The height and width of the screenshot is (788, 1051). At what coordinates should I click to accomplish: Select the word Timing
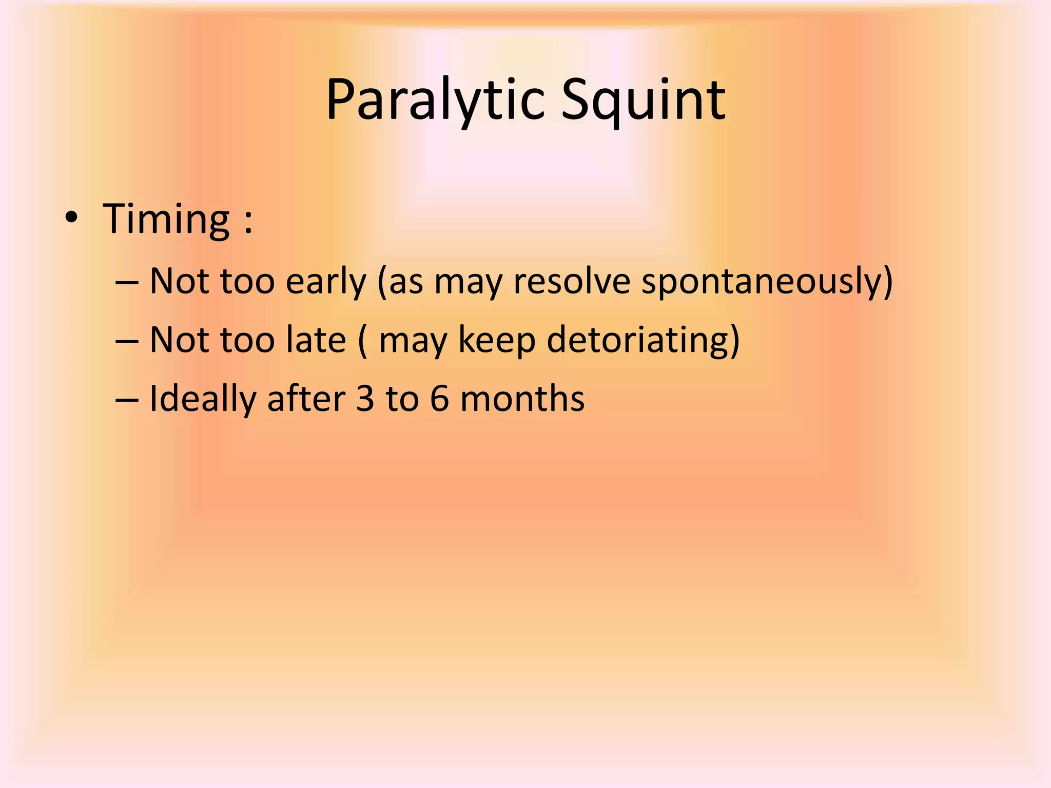pyautogui.click(x=166, y=220)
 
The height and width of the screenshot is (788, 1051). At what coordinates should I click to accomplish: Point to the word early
pyautogui.click(x=325, y=282)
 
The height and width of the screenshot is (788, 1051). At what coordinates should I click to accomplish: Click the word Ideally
pyautogui.click(x=202, y=400)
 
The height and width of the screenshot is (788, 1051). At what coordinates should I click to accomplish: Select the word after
pyautogui.click(x=306, y=399)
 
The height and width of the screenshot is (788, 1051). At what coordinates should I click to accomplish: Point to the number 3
pyautogui.click(x=365, y=399)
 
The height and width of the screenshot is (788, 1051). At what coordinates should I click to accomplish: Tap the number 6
pyautogui.click(x=439, y=399)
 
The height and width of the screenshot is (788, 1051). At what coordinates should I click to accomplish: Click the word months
pyautogui.click(x=522, y=399)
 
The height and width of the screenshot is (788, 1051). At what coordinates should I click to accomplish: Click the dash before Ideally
pyautogui.click(x=127, y=400)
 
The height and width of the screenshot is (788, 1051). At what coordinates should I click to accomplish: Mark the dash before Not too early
pyautogui.click(x=127, y=283)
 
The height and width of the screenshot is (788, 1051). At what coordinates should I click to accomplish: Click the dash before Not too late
pyautogui.click(x=127, y=341)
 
